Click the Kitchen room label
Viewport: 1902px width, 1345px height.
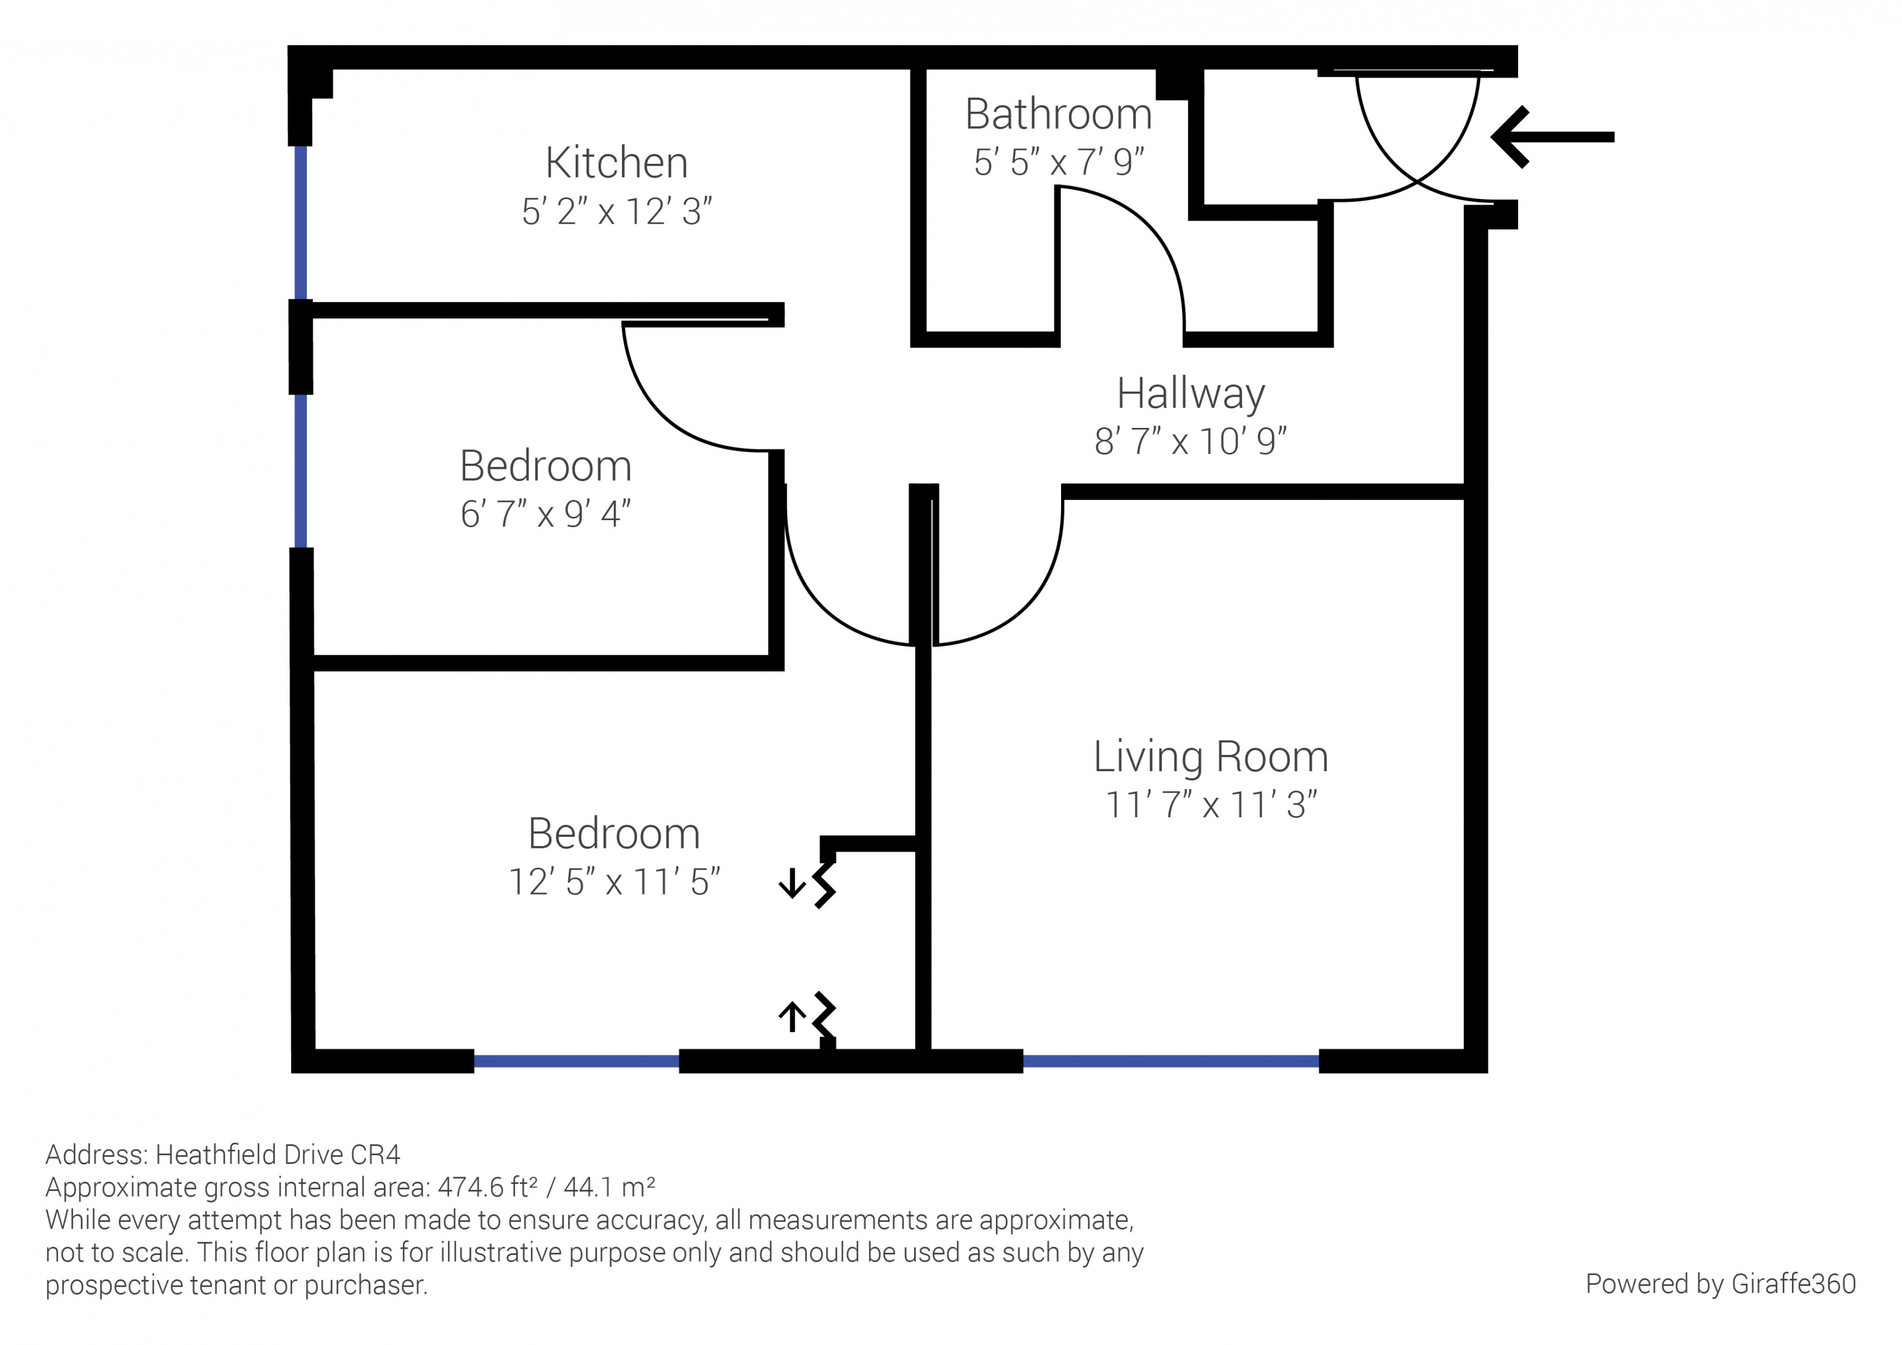[616, 163]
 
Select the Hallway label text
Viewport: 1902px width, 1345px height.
[1190, 394]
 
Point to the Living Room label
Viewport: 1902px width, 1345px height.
[1210, 757]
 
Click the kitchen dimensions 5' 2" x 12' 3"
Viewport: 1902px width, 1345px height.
[616, 212]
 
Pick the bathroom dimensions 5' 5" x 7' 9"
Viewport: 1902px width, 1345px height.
[1059, 163]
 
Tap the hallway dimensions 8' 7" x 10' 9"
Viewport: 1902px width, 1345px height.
[1190, 442]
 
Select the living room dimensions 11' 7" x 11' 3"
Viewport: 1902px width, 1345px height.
[1210, 805]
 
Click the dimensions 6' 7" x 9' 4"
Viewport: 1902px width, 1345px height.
[545, 514]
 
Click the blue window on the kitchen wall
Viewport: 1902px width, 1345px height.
[301, 222]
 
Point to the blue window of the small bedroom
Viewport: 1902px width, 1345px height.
[301, 471]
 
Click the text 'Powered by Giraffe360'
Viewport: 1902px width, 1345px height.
[1720, 1284]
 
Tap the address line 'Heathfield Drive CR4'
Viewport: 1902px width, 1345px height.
[277, 1155]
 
